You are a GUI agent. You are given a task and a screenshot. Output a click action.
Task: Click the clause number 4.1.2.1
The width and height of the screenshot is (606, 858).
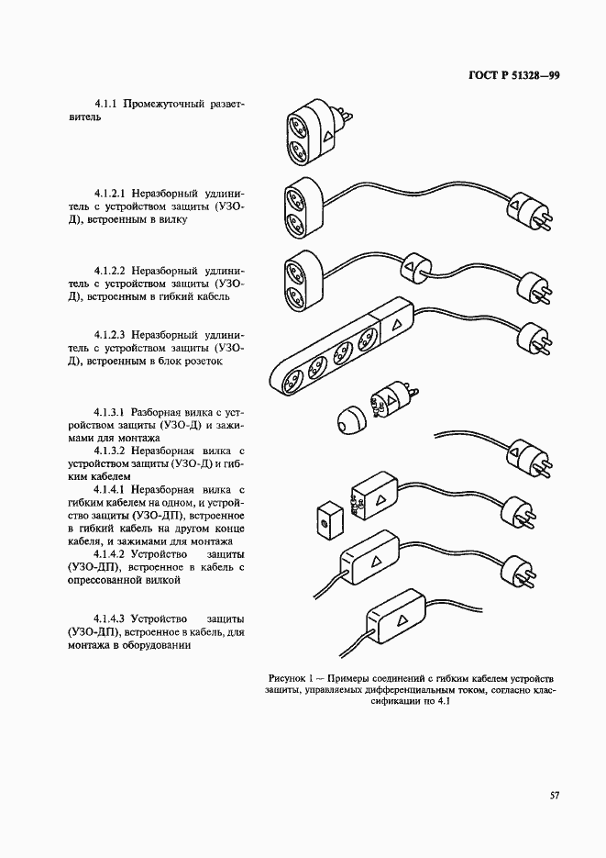tap(113, 194)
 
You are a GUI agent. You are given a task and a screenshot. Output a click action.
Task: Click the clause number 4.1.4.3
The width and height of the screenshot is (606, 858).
tap(113, 618)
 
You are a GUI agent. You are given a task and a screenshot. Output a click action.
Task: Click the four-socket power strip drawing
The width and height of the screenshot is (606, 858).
tap(339, 351)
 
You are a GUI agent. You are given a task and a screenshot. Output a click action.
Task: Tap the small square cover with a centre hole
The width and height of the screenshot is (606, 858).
tap(325, 520)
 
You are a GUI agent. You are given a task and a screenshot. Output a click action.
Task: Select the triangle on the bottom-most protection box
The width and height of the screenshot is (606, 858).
tap(400, 619)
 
